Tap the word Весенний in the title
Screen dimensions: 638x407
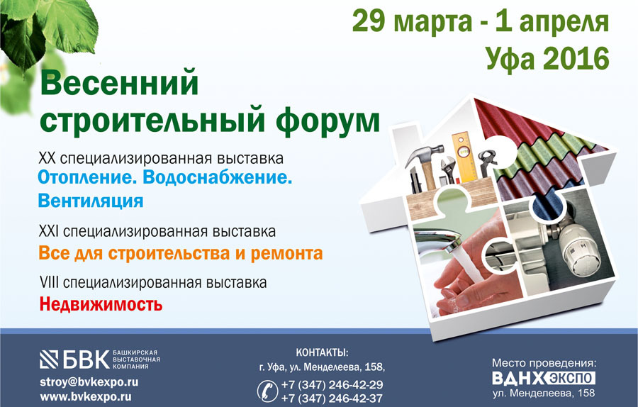pos(120,83)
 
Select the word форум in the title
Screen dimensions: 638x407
pos(328,120)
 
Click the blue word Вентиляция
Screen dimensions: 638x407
pos(90,201)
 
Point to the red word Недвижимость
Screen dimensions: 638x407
pos(101,304)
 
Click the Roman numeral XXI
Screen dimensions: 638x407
pos(49,232)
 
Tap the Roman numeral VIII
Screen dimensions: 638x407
pos(50,282)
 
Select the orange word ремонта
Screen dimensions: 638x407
pos(286,253)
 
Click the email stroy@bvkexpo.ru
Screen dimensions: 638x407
pos(89,382)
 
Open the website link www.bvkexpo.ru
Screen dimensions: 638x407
pos(86,397)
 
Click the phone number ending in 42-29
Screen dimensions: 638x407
pos(332,384)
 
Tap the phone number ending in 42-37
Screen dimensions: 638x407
pos(332,398)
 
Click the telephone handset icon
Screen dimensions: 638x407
pos(268,391)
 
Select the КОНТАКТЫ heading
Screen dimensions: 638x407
pos(323,352)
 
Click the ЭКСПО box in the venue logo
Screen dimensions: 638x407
pos(571,378)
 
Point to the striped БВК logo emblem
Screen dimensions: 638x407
pos(49,359)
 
